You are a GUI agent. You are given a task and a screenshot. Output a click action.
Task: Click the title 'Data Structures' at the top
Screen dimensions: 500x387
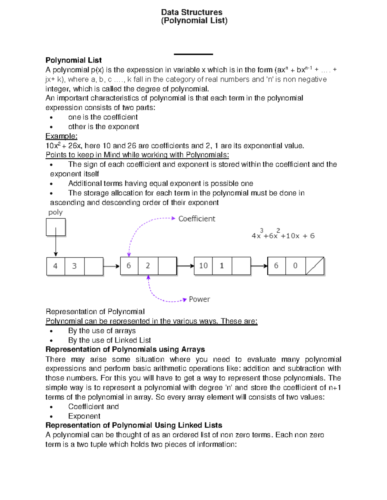[192, 12]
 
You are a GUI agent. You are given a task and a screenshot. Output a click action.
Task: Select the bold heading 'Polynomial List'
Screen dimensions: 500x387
[74, 60]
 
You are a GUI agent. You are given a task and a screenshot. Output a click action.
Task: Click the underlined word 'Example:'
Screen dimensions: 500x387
[61, 136]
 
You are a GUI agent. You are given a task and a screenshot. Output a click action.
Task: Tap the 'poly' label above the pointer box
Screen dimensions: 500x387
[55, 212]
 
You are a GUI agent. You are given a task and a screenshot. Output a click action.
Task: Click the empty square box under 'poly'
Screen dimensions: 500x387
[55, 227]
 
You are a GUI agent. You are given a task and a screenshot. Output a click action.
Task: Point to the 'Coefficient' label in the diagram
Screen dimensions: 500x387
[197, 219]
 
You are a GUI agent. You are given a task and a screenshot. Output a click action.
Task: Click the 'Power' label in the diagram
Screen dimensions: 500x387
[199, 299]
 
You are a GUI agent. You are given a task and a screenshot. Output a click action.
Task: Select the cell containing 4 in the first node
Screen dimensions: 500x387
[55, 266]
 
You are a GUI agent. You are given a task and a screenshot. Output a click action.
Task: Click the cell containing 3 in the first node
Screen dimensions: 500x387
[74, 266]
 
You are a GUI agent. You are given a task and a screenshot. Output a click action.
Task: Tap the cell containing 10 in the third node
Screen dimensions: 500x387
[203, 266]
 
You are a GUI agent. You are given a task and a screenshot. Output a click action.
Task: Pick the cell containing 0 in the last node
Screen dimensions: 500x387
[295, 266]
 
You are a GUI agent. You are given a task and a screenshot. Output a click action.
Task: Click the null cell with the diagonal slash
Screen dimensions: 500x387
[314, 266]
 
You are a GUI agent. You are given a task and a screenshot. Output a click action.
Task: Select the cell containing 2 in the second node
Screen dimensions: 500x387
[148, 266]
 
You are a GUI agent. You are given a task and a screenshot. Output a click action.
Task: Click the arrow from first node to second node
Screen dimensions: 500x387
[112, 266]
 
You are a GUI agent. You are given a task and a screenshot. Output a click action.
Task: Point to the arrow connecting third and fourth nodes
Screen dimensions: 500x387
[259, 266]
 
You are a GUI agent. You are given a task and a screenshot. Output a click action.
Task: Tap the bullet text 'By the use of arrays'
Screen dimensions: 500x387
[102, 331]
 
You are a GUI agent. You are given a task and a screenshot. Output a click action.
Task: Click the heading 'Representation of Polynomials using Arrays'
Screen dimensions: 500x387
[125, 349]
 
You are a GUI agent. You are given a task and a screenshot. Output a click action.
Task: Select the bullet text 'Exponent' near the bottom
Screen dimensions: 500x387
[84, 416]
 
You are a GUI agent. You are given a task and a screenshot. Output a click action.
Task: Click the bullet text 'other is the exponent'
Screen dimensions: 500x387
[104, 127]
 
